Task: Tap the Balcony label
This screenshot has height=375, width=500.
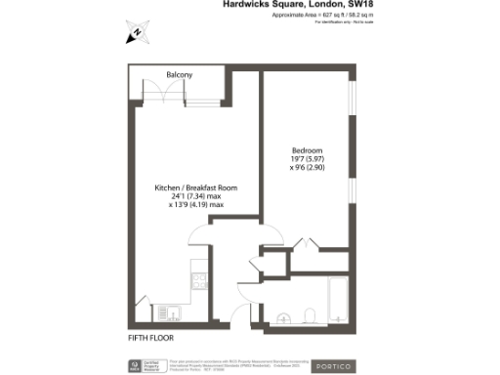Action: (179, 74)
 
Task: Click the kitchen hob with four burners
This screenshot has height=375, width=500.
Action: (198, 281)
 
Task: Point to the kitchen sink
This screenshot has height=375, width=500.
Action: (168, 312)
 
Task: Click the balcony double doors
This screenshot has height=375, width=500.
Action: (172, 93)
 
